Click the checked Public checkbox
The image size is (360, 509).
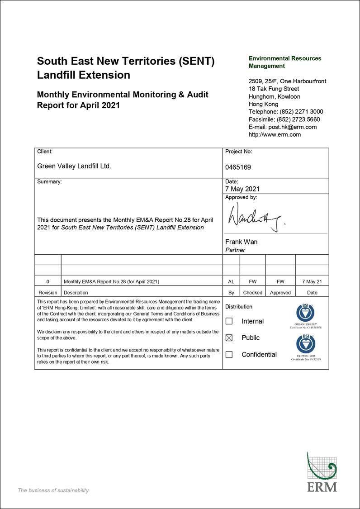[x=229, y=338]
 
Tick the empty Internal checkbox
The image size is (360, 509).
[x=229, y=321]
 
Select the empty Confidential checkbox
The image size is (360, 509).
[x=229, y=355]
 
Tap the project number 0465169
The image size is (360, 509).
[x=238, y=167]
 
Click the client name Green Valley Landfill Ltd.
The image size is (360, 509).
[x=74, y=166]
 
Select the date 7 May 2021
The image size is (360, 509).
[x=242, y=189]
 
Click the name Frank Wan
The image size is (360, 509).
[x=241, y=242]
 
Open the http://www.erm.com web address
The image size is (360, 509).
[x=275, y=134]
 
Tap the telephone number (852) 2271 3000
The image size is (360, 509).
[x=301, y=112]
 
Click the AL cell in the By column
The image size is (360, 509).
[x=231, y=281]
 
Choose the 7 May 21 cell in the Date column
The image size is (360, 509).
[x=312, y=281]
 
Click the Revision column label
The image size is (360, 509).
[x=48, y=293]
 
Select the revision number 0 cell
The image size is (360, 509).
[x=48, y=281]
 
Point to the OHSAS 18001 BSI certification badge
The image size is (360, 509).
[x=305, y=314]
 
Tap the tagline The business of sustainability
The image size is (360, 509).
[x=53, y=490]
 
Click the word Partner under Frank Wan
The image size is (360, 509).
[x=235, y=250]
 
